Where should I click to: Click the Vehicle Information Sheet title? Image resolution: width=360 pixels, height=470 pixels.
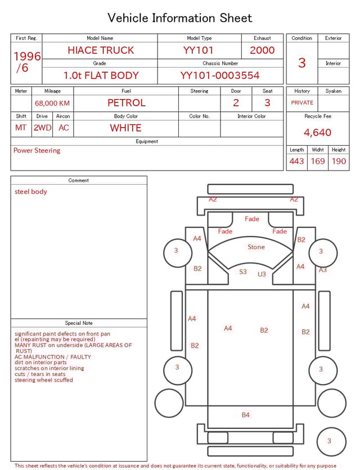pos(180,18)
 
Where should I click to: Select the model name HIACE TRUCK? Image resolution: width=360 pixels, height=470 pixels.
pos(101,50)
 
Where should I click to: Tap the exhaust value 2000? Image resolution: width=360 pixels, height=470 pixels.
pos(262,50)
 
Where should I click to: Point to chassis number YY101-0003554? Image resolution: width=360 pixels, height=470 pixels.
pos(220,75)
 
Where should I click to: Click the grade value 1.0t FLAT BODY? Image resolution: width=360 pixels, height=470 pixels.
pos(101,75)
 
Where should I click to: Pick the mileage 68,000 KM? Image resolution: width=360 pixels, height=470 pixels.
pos(52,103)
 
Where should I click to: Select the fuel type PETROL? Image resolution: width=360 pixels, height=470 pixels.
pos(126,102)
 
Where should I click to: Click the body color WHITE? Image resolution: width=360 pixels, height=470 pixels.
pos(125,128)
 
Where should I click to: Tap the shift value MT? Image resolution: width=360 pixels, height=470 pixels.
pos(21,128)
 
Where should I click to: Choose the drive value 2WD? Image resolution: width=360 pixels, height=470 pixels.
pos(42,128)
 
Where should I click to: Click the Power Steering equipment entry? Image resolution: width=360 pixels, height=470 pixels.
pos(37,151)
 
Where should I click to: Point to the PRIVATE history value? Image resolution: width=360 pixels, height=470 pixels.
pos(302,103)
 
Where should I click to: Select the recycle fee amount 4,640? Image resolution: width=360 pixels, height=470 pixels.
pos(317,133)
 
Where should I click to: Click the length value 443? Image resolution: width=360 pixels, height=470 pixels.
pos(296,162)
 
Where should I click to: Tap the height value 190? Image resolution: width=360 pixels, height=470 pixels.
pos(339,162)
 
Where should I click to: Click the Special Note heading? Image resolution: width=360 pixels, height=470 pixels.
pos(79,323)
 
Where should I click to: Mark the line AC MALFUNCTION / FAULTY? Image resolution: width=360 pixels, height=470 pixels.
pos(53,357)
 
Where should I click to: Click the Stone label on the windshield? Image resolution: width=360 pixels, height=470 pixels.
pos(256,247)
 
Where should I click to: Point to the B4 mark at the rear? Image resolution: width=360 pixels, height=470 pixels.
pos(246,415)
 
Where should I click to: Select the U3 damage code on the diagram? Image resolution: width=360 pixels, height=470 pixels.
pos(262,274)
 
